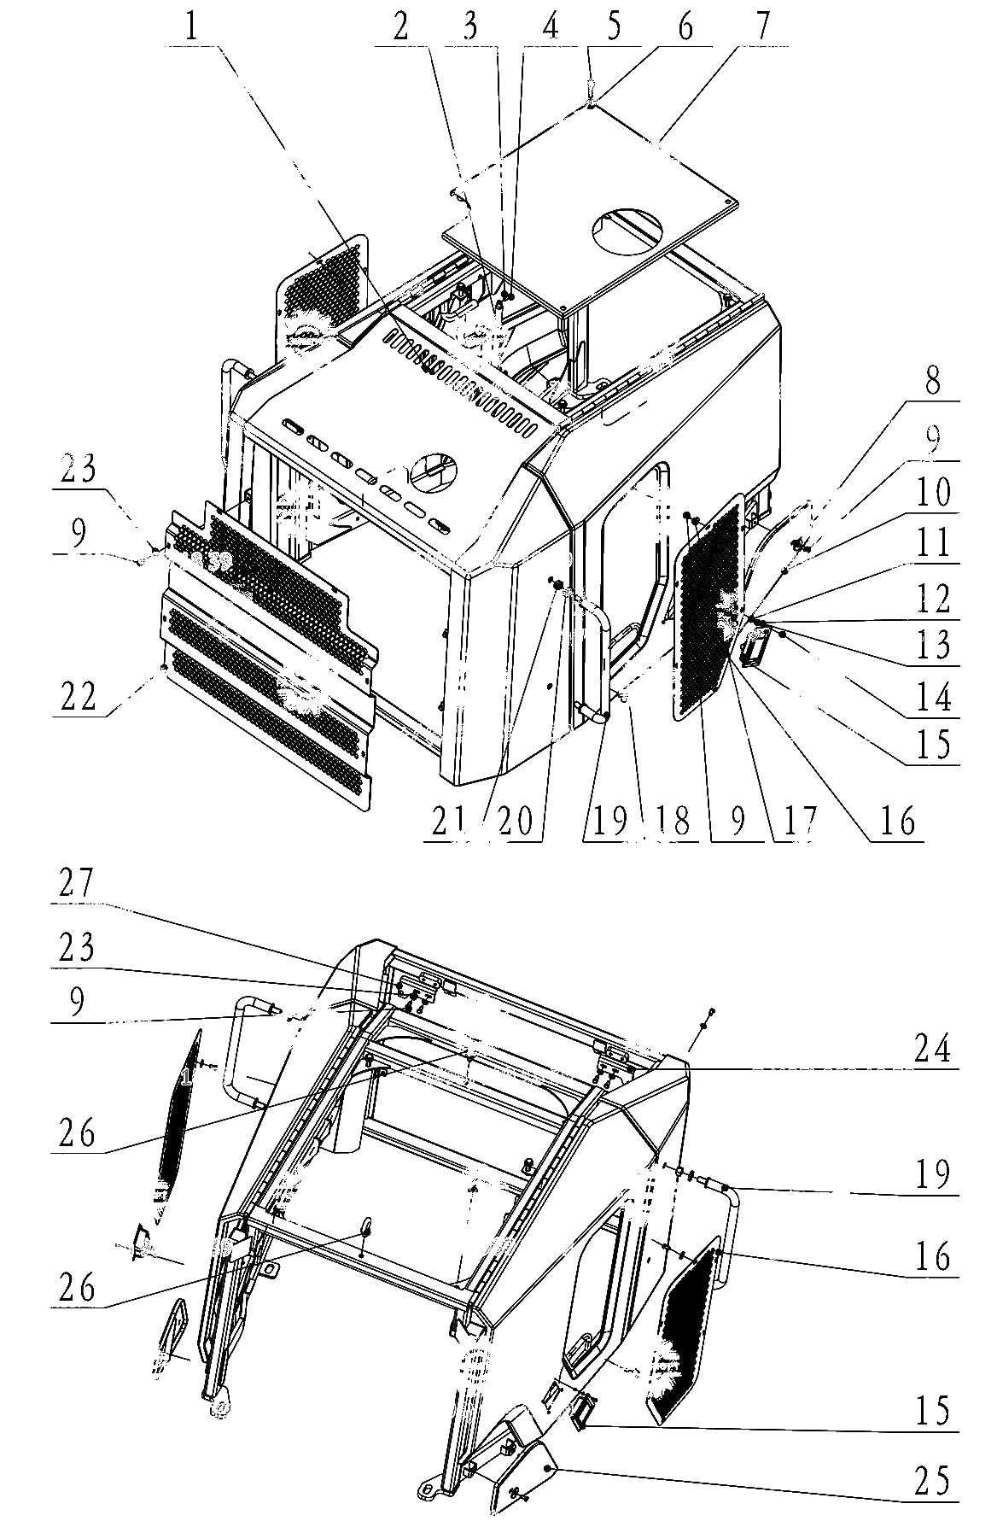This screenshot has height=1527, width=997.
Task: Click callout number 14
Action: [x=932, y=698]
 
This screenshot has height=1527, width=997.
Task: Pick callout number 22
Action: [x=79, y=698]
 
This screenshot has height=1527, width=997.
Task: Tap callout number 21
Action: [x=450, y=821]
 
